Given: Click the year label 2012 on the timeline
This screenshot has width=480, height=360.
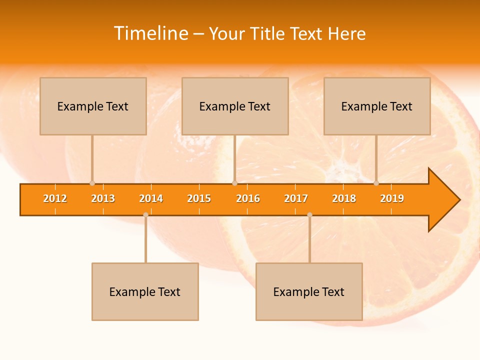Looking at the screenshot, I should tap(55, 198).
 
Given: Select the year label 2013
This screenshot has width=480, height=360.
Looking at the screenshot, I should tap(103, 198).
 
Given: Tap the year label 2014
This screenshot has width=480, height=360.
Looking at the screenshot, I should tap(151, 198).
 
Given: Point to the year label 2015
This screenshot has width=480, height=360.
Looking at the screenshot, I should tap(199, 198).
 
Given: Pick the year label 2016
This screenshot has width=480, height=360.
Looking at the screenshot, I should tap(248, 198).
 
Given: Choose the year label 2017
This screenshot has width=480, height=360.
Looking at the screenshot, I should tap(296, 198).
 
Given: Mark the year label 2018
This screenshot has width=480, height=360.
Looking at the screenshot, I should tap(344, 198).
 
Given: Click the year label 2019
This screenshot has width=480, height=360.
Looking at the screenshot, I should tap(392, 198).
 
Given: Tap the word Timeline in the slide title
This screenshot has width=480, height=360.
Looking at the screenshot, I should tap(150, 33).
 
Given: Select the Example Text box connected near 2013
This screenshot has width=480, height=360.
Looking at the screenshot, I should tap(93, 106).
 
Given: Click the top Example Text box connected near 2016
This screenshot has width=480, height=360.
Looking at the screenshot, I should tap(235, 106).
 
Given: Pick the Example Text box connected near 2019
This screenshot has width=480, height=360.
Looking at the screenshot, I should tap(377, 106).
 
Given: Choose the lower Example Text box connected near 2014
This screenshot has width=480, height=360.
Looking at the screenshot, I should tap(145, 291).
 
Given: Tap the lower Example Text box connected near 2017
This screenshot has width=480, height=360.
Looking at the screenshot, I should tap(309, 291).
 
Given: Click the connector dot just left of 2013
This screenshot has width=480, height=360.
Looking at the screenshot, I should tap(92, 183).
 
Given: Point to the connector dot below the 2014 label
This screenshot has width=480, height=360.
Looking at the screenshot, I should tap(145, 215).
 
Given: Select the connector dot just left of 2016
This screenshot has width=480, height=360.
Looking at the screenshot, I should tap(234, 183).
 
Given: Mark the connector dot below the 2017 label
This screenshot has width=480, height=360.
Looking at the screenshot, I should tap(309, 215).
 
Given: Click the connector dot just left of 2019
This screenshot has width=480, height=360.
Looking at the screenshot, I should tap(376, 183).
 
